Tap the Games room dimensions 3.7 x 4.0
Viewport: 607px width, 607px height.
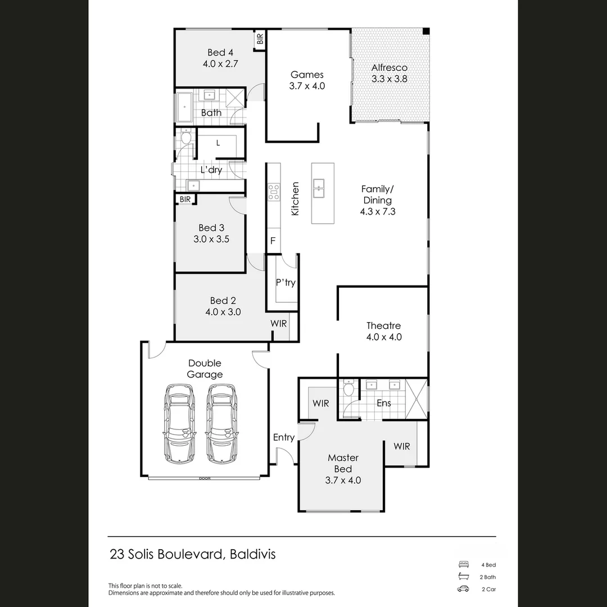coord(307,86)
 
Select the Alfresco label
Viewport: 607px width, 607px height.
coord(389,67)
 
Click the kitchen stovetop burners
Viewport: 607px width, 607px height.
coord(274,192)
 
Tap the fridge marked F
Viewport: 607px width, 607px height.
coord(273,241)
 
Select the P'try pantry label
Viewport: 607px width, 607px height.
coord(286,283)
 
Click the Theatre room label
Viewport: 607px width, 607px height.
coord(383,325)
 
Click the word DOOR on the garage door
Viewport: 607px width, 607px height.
coord(204,479)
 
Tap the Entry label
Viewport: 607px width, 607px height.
coord(284,437)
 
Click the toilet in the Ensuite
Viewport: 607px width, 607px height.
coord(348,388)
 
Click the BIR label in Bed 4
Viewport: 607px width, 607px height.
coord(260,39)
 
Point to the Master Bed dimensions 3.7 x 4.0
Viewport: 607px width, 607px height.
coord(343,480)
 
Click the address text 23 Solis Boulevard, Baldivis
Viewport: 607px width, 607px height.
coord(193,555)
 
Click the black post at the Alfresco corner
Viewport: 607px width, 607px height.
coord(427,31)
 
